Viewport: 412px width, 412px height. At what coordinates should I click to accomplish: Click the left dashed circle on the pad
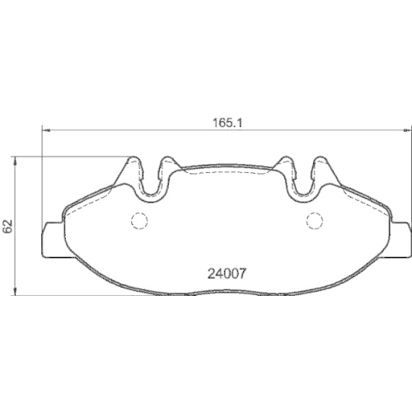tap(138, 220)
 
